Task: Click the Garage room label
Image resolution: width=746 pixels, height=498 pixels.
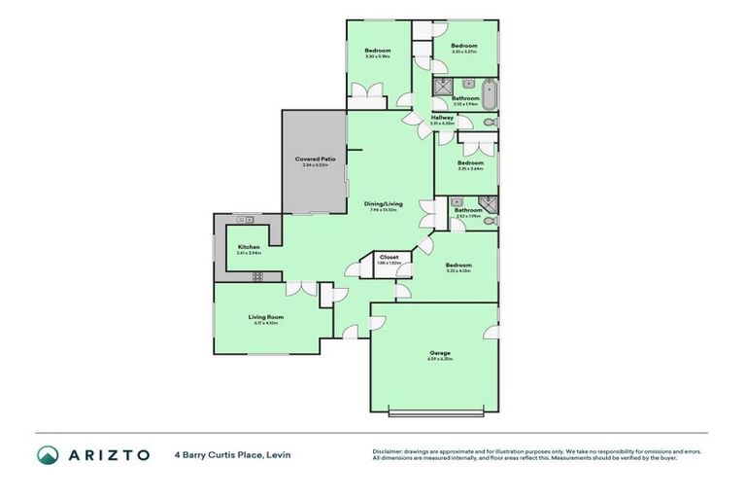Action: [x=440, y=352]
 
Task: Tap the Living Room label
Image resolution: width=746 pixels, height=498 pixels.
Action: [x=263, y=316]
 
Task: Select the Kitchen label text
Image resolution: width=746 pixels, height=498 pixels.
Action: [x=249, y=247]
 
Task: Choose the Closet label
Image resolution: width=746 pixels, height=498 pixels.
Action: [x=389, y=257]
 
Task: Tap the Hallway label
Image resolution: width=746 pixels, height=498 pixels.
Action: [x=443, y=117]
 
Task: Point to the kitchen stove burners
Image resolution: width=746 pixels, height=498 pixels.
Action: [x=258, y=276]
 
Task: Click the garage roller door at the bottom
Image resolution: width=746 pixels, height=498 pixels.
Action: [x=433, y=413]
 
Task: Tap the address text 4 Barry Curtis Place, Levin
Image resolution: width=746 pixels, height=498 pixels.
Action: [x=232, y=454]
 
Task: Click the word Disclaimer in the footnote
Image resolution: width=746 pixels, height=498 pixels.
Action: [x=387, y=451]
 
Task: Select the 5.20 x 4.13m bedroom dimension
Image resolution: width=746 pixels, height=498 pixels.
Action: [x=458, y=271]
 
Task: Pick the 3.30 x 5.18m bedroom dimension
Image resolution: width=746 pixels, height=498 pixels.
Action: [x=378, y=56]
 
